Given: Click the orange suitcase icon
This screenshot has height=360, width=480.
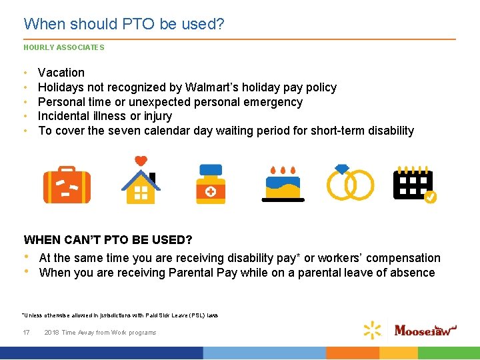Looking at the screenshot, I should pos(67,184).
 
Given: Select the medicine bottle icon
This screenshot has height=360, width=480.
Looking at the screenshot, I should pos(211,184).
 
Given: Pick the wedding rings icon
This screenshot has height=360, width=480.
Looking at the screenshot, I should pos(350,184).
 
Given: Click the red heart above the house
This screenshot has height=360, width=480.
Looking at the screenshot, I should pos(141,161).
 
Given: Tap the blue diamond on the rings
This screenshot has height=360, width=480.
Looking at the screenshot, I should pos(342,169).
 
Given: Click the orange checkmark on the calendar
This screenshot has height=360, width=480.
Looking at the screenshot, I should pos(431,197).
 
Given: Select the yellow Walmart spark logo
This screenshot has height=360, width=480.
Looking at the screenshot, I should pos(373,330).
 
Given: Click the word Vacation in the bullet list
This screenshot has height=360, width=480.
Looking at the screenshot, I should pos(61,73).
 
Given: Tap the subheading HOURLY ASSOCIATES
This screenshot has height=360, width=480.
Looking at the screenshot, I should pos(64,48).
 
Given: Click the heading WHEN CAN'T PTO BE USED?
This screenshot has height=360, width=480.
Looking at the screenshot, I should pos(108,239).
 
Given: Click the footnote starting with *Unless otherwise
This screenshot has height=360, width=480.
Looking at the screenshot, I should pos(121,315).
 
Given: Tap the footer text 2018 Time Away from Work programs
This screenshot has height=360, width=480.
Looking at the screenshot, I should pos(100,332).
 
